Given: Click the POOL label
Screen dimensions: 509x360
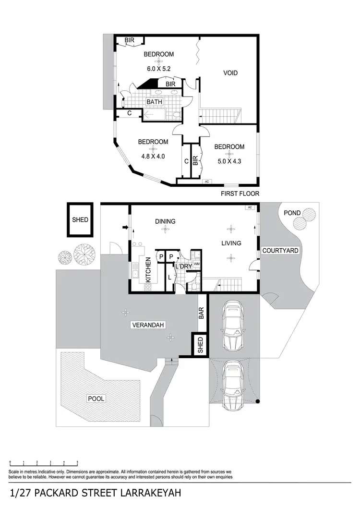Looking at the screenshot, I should [96, 399].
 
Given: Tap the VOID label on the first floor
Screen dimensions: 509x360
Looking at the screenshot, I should [230, 73].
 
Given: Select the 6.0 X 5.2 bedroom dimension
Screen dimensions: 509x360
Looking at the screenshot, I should [159, 69].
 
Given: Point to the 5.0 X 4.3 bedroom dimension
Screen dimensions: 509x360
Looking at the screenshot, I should [229, 161].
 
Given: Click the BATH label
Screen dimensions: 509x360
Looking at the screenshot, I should [155, 102].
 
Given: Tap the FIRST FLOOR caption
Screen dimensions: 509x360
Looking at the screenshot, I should [240, 194].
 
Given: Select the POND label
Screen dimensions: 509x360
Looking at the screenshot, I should [292, 213].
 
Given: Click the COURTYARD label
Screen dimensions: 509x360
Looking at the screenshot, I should [280, 251].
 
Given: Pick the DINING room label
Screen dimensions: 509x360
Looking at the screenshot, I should [165, 221].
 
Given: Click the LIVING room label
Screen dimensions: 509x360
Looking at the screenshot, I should [231, 243].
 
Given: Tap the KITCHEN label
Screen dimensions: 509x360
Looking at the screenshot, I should [148, 269].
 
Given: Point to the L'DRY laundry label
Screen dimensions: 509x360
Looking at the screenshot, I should [183, 266].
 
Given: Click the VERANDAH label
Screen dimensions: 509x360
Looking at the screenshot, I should [148, 325].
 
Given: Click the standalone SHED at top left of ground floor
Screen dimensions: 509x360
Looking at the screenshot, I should [80, 219].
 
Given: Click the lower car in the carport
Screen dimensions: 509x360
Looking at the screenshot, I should [233, 385].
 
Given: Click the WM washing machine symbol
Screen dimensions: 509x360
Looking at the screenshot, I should [196, 265].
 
